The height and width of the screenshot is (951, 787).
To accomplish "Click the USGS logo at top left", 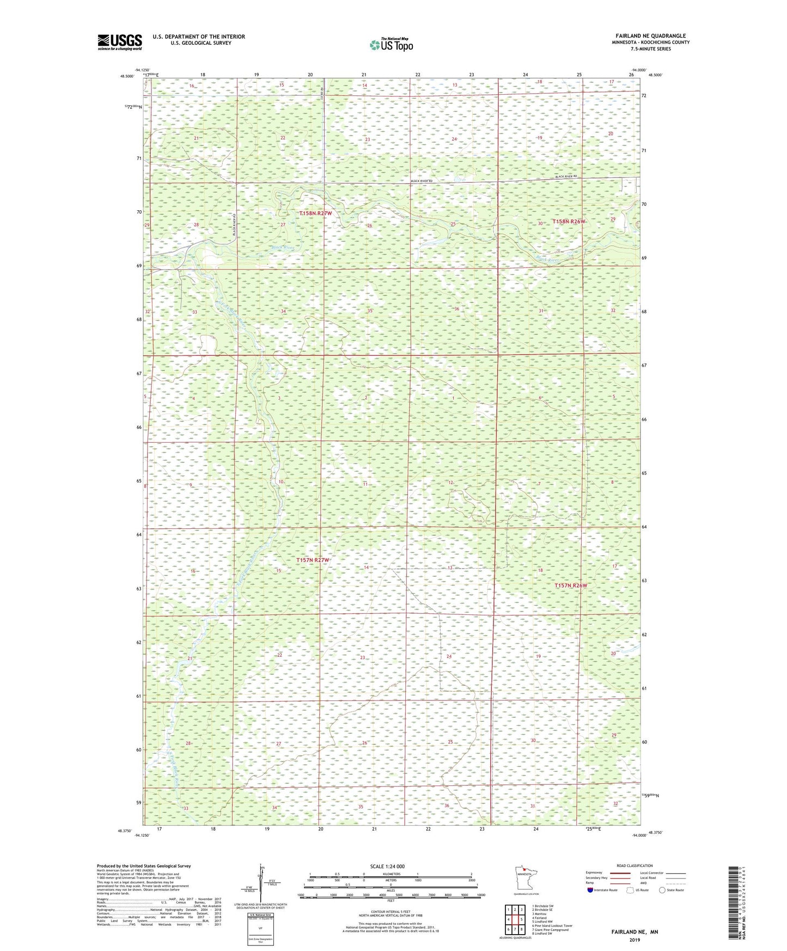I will (120, 42).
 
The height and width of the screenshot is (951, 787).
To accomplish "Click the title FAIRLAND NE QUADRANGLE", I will (649, 36).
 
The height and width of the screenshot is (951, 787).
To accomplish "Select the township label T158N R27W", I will (315, 214).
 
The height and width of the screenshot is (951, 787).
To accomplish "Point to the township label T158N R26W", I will (569, 222).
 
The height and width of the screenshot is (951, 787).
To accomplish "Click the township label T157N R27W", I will (313, 560).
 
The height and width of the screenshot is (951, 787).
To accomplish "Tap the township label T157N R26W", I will (571, 586).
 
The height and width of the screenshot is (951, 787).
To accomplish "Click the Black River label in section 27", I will (283, 248).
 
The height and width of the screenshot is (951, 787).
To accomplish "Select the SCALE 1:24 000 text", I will (387, 867).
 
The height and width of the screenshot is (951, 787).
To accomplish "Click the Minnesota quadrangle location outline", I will (525, 878).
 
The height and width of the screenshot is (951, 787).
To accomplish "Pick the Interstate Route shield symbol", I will (590, 890).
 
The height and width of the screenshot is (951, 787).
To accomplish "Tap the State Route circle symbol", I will (662, 890).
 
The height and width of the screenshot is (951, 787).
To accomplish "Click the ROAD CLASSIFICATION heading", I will (635, 865).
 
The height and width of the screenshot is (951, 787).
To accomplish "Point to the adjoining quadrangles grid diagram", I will (514, 918).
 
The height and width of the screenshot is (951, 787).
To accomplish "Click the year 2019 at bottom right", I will (635, 940).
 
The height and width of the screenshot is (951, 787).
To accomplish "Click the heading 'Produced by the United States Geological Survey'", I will (144, 865).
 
